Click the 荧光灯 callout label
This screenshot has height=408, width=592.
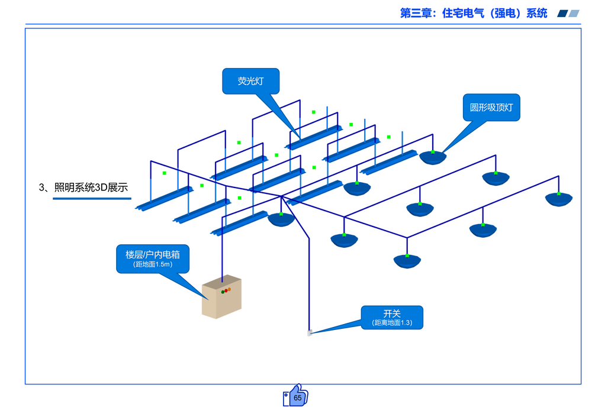point(250,81)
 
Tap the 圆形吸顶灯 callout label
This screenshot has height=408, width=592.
point(491,108)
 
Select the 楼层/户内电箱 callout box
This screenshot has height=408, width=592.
point(153,259)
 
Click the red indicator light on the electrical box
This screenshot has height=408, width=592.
point(223,292)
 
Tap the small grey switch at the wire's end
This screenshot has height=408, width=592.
point(309,333)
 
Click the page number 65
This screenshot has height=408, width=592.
point(297,398)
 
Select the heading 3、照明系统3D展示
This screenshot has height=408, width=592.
point(83,188)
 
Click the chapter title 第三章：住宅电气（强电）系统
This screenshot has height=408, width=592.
point(474,13)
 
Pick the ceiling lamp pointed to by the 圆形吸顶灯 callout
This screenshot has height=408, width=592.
point(433,157)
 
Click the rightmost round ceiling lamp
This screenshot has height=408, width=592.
point(559,199)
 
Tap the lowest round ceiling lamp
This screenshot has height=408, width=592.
point(407,261)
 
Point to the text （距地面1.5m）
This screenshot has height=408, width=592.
point(153,265)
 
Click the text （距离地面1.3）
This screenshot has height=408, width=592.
point(392,323)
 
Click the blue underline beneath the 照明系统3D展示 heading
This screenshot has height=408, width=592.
point(92,199)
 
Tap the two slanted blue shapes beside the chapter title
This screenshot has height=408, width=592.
point(568,13)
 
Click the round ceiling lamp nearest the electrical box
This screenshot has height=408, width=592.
point(281,219)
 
